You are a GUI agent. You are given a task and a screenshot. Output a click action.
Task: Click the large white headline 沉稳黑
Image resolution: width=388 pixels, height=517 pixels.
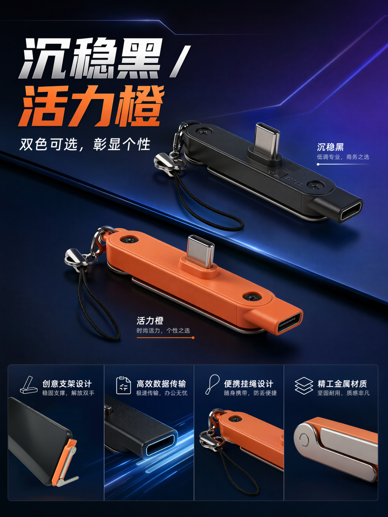(x=90, y=58)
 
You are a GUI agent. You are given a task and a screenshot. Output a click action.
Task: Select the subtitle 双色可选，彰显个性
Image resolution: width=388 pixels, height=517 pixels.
(x=85, y=144)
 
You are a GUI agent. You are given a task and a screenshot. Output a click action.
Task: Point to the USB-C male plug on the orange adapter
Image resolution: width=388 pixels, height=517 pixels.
(x=201, y=252)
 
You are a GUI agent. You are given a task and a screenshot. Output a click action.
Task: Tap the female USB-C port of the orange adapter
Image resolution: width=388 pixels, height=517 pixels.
(x=289, y=323)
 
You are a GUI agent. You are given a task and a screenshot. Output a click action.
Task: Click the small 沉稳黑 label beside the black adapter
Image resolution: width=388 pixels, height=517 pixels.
(x=330, y=147)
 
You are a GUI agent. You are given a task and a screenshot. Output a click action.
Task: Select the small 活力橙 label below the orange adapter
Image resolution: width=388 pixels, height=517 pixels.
(x=150, y=321)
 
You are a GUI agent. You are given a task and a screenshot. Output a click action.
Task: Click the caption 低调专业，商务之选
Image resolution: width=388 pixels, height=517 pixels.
(x=343, y=157)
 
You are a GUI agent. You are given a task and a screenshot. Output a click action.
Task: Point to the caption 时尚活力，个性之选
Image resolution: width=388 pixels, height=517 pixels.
(x=163, y=331)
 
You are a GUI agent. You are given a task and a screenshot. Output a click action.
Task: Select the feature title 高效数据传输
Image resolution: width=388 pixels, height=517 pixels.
(x=161, y=384)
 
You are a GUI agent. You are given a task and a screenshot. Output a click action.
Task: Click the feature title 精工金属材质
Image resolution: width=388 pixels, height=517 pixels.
(x=342, y=384)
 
